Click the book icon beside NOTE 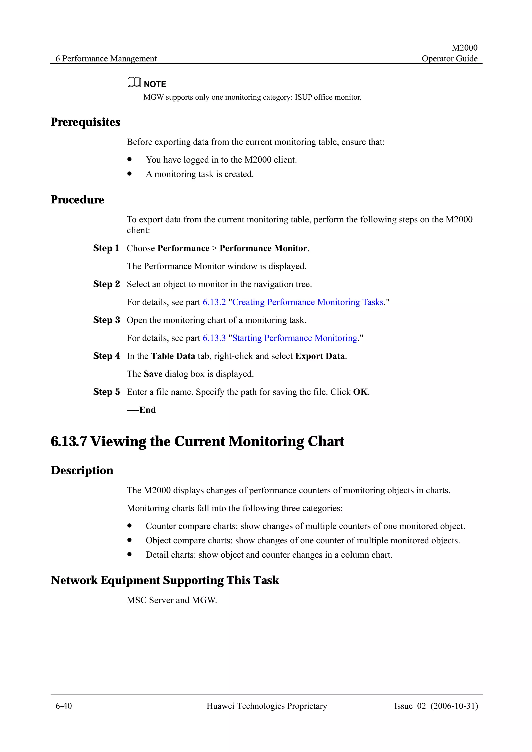[134, 82]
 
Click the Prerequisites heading [85, 122]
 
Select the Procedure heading [77, 200]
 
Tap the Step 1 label [106, 248]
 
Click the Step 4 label [106, 356]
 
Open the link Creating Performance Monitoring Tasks [308, 302]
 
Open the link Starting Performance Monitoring [294, 338]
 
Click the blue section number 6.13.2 [214, 302]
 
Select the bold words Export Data [320, 356]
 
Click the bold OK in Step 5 [360, 392]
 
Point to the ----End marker [141, 410]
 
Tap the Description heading [82, 471]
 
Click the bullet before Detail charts [130, 554]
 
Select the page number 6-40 [64, 706]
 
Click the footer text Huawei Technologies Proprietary [267, 706]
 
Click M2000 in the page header [464, 48]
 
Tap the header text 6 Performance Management [106, 59]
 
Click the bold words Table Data [173, 356]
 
